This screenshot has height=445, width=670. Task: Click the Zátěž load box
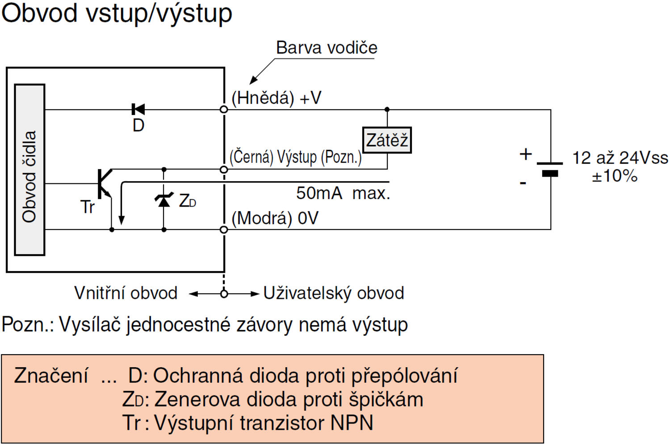[x=387, y=140]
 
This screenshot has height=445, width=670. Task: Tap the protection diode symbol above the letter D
[x=138, y=109]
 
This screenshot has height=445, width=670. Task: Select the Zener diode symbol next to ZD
[x=164, y=200]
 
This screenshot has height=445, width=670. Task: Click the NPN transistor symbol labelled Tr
[x=104, y=183]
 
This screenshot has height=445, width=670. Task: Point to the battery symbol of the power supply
[x=550, y=169]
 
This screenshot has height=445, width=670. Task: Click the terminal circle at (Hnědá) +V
[x=224, y=109]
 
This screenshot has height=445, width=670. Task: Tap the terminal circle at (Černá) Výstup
[x=224, y=170]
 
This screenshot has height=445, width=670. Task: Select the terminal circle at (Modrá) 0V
[x=224, y=229]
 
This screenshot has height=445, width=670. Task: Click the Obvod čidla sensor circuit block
[x=29, y=170]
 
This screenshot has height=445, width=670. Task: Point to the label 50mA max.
[x=343, y=193]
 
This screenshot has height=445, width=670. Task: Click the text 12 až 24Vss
[x=620, y=158]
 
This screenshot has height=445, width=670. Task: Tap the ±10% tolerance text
[x=615, y=176]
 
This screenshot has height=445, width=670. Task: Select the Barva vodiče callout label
[x=327, y=48]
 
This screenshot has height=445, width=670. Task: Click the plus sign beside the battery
[x=526, y=154]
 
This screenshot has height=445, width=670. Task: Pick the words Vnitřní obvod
[x=126, y=293]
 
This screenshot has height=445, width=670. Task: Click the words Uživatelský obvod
[x=334, y=293]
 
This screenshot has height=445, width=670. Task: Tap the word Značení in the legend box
[x=51, y=376]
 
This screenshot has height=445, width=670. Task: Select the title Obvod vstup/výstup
[x=117, y=13]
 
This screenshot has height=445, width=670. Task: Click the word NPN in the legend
[x=352, y=423]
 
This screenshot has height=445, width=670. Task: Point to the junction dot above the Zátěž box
[x=387, y=109]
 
